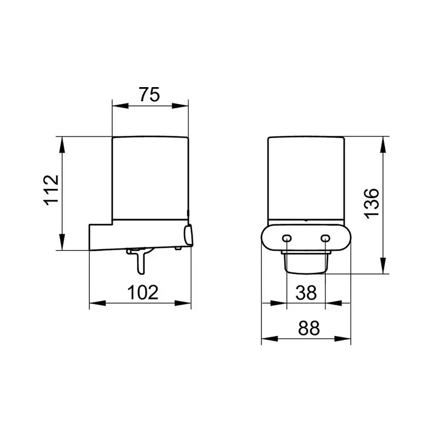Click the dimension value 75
pyautogui.click(x=149, y=94)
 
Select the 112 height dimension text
pyautogui.click(x=51, y=190)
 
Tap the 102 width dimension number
pyautogui.click(x=143, y=292)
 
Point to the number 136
pyautogui.click(x=372, y=204)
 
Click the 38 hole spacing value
pyautogui.click(x=306, y=293)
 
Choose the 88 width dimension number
pyautogui.click(x=309, y=328)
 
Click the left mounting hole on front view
pyautogui.click(x=287, y=238)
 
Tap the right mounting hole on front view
pyautogui.click(x=325, y=238)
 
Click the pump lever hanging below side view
pyautogui.click(x=140, y=260)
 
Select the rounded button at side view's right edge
pyautogui.click(x=188, y=235)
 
